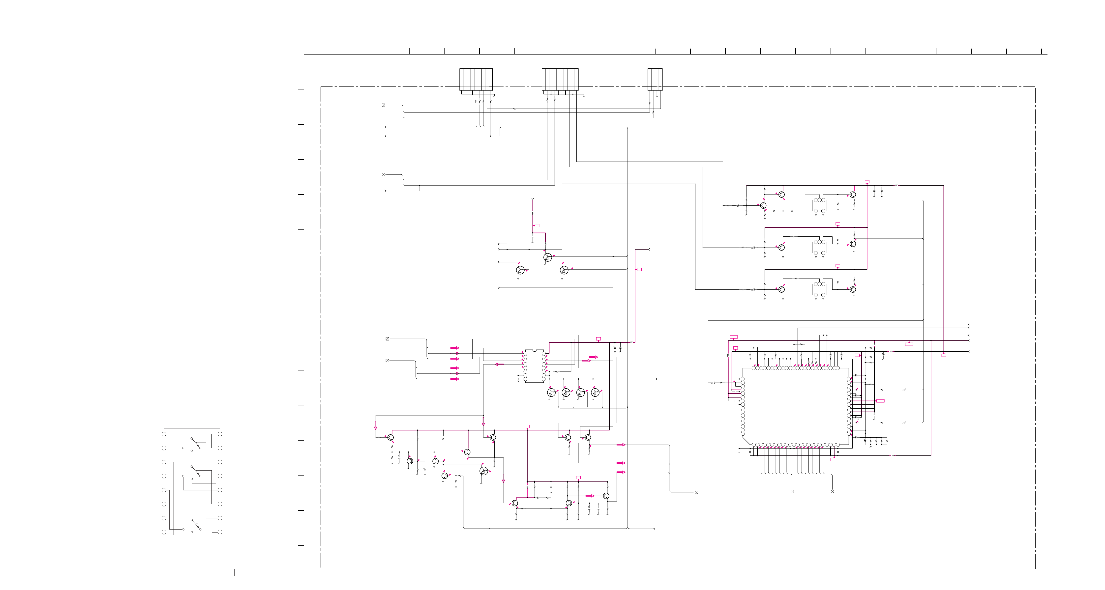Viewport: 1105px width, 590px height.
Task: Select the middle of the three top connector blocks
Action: [x=560, y=79]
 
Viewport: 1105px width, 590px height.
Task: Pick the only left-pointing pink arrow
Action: [x=499, y=365]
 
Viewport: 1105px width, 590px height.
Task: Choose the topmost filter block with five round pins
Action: [x=819, y=205]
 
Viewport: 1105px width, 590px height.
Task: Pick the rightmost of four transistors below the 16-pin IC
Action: [x=595, y=392]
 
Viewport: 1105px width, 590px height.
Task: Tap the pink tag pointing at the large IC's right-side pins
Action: [x=880, y=401]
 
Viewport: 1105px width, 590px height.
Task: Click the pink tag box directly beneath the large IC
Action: [x=834, y=459]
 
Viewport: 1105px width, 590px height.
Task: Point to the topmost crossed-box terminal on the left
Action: [x=384, y=105]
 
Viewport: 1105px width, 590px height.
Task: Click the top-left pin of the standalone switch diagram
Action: [x=164, y=434]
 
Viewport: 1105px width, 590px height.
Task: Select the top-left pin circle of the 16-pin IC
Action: [x=525, y=354]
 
